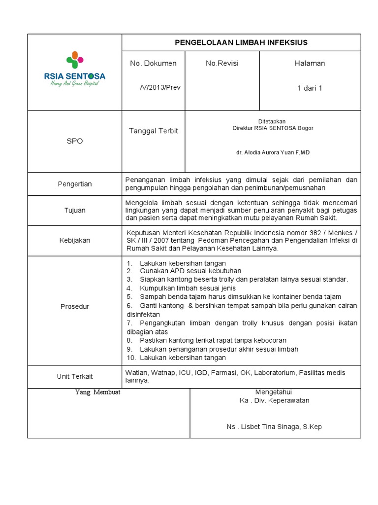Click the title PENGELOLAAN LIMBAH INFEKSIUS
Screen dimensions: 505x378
tap(241, 42)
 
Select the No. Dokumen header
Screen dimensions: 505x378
tap(153, 63)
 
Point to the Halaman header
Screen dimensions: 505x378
tap(310, 63)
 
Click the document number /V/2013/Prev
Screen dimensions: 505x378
tap(160, 87)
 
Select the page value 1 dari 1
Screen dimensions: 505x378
tap(310, 88)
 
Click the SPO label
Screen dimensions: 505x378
tap(75, 141)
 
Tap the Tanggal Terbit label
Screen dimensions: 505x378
tap(154, 131)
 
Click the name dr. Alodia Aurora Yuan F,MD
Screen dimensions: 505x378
tap(273, 153)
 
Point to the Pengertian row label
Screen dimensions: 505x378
tap(75, 184)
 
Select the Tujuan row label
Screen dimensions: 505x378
tap(75, 210)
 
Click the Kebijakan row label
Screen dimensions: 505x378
tap(75, 240)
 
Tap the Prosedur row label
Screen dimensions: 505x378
tap(75, 307)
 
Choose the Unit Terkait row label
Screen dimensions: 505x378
tap(75, 377)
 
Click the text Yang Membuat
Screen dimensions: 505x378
tap(98, 392)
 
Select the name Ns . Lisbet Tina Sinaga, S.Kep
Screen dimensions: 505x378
tap(274, 427)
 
